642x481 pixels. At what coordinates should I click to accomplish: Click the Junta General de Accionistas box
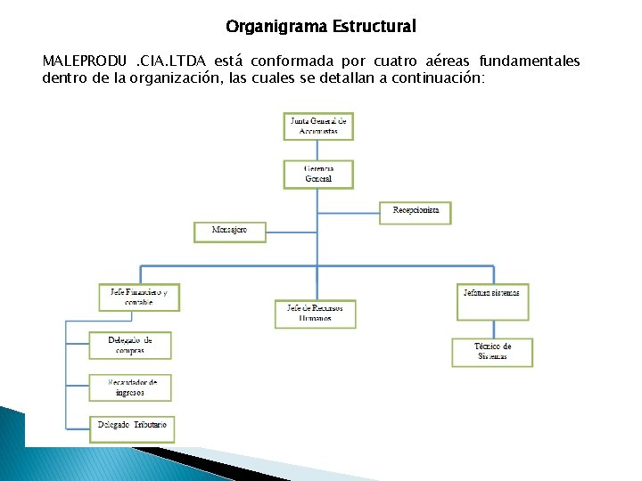[x=318, y=126]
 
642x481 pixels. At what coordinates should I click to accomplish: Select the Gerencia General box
[x=318, y=174]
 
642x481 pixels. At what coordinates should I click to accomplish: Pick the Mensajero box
[x=230, y=231]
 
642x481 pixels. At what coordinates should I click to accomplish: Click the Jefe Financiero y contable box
[x=139, y=297]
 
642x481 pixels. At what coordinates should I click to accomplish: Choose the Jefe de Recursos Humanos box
[x=315, y=314]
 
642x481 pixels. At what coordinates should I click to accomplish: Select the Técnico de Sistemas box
[x=492, y=352]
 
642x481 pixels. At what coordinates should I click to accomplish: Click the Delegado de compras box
[x=130, y=345]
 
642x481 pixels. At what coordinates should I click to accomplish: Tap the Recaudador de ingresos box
[x=130, y=387]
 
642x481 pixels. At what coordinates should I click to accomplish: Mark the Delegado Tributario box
[x=130, y=428]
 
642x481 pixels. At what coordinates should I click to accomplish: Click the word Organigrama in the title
[x=276, y=27]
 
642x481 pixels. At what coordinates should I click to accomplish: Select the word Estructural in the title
[x=374, y=27]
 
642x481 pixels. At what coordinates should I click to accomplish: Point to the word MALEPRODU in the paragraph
[x=84, y=61]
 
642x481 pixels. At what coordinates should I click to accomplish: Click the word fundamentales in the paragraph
[x=530, y=61]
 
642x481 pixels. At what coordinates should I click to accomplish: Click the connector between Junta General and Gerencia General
[x=318, y=150]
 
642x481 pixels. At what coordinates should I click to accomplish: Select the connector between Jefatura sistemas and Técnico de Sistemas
[x=492, y=330]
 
